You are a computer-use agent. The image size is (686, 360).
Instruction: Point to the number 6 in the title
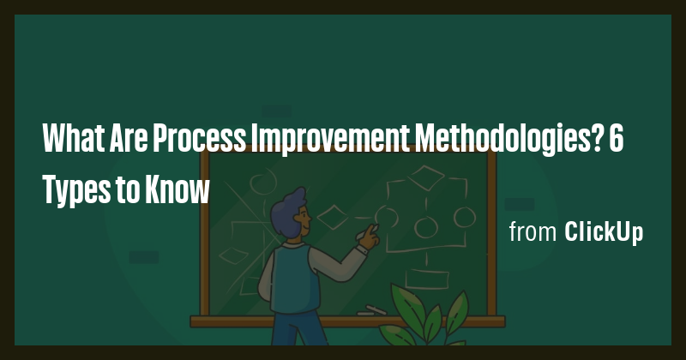pos(616,137)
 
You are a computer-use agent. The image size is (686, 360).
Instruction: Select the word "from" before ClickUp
pos(533,232)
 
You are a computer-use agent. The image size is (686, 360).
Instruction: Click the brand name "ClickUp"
pos(604,232)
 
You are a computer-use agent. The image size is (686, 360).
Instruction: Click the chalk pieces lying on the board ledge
pos(370,309)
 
